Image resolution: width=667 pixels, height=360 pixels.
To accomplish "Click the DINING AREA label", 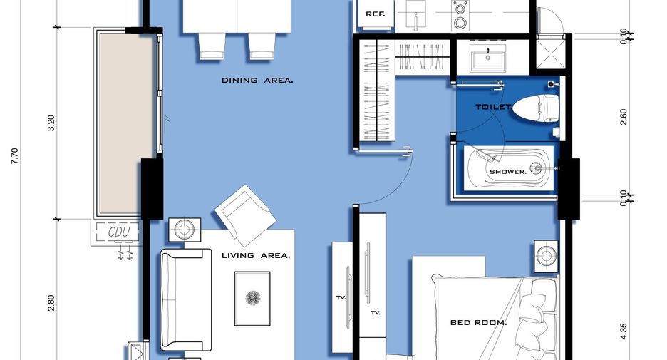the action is (257, 80).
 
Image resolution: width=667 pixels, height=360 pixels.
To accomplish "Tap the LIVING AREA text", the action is (256, 255).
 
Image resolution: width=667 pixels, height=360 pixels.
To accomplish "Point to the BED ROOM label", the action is (479, 322).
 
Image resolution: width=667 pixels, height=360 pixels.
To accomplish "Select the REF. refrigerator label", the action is (375, 14).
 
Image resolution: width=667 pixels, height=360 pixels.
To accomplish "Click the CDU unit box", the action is (118, 232).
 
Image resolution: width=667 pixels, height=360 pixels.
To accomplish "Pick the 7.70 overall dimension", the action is (15, 156).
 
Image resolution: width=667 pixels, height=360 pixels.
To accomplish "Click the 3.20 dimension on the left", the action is (51, 123).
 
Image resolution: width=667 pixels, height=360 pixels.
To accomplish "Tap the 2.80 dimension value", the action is (51, 303).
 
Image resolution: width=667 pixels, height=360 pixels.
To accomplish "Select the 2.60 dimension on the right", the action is (624, 117).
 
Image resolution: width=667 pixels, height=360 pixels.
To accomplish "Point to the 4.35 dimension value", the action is (624, 331).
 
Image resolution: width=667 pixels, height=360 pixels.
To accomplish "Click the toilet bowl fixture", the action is (536, 107).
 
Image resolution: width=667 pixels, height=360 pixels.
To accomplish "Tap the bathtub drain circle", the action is (537, 168).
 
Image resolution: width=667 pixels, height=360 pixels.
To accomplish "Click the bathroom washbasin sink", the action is (487, 57).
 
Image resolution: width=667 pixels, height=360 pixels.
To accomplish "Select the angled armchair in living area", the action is (245, 215).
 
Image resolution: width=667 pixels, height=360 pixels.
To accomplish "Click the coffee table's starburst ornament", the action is (253, 298).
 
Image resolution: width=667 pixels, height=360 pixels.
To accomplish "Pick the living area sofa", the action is (186, 299).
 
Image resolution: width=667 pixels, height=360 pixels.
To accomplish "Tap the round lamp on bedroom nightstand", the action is (546, 256).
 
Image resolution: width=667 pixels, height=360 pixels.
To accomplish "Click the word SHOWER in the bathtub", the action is (508, 172).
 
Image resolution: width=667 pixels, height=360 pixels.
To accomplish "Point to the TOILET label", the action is (493, 107).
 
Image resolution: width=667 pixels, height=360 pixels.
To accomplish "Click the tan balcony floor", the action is (125, 123).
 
